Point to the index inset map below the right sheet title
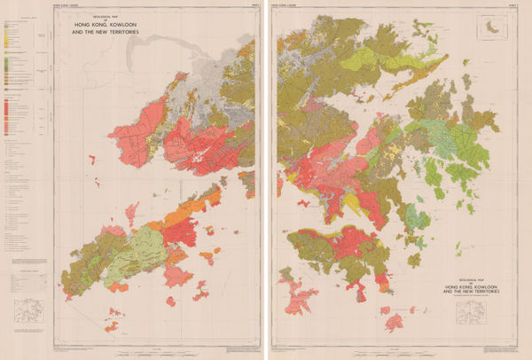pos(473,313)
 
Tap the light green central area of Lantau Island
pos(106,257)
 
